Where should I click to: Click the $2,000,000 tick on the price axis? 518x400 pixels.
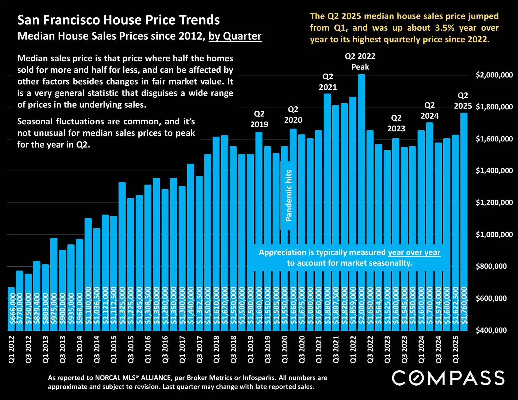pyautogui.click(x=494, y=75)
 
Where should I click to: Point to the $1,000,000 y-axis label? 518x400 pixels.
pyautogui.click(x=494, y=234)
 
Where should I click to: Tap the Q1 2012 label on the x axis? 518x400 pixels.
pyautogui.click(x=11, y=349)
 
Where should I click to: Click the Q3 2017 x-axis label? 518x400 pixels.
pyautogui.click(x=199, y=349)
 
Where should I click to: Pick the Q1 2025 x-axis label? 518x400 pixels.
pyautogui.click(x=456, y=349)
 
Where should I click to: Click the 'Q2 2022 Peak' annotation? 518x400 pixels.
pyautogui.click(x=360, y=61)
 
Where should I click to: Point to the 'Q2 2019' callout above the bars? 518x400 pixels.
pyautogui.click(x=259, y=119)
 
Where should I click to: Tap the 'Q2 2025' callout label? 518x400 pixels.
pyautogui.click(x=463, y=101)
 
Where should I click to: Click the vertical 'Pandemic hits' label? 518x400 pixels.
pyautogui.click(x=289, y=195)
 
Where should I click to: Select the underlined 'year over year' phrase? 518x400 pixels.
pyautogui.click(x=414, y=252)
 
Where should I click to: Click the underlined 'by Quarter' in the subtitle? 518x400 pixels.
pyautogui.click(x=235, y=36)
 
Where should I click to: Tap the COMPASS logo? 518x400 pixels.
pyautogui.click(x=448, y=378)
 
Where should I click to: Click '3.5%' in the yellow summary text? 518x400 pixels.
pyautogui.click(x=444, y=28)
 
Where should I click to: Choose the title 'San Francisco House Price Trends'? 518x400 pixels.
pyautogui.click(x=119, y=20)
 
